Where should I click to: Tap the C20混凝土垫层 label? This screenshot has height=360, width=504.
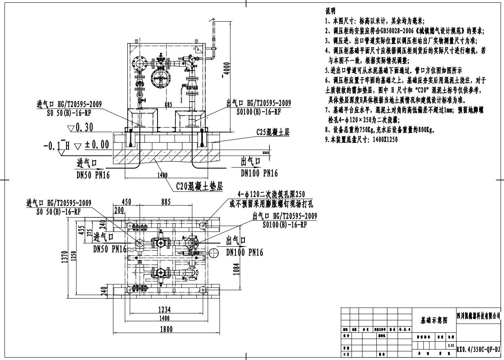click(x=200, y=187)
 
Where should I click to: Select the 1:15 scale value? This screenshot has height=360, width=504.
click(x=451, y=345)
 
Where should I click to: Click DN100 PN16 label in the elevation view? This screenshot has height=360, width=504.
click(x=259, y=173)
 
